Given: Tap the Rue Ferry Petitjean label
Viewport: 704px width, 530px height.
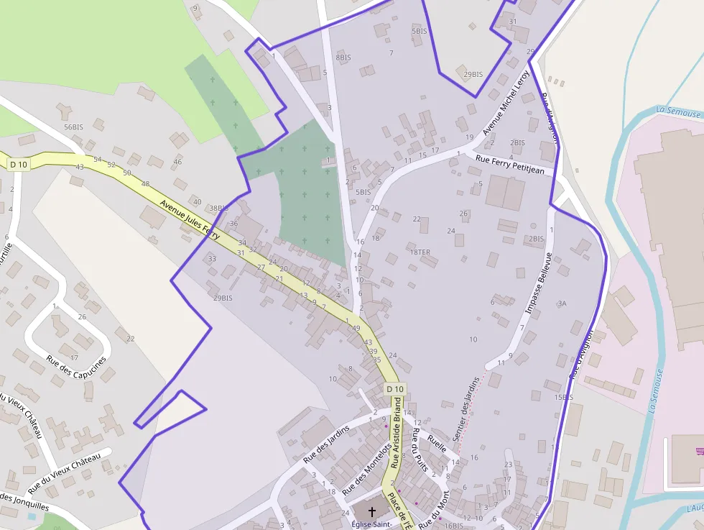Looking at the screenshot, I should [x=514, y=165].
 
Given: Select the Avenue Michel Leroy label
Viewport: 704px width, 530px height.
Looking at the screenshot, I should [x=506, y=103].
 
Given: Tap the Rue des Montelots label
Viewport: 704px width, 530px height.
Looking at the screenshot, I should [x=367, y=468].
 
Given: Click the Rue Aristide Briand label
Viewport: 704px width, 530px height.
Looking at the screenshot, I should [x=395, y=431].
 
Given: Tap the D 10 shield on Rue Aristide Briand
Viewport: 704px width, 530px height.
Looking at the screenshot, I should [x=395, y=389].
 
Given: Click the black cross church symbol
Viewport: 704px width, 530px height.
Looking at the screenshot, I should [x=372, y=511].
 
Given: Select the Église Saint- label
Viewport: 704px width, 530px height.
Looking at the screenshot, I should [x=372, y=524].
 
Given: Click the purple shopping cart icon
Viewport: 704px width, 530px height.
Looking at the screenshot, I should [x=700, y=451].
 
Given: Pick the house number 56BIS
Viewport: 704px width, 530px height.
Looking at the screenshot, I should [x=73, y=127].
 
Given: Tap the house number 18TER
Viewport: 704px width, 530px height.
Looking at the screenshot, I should [x=420, y=252].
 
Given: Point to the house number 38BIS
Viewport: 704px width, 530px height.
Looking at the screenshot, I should [x=218, y=209].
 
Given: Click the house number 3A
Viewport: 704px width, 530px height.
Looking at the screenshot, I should [x=562, y=303].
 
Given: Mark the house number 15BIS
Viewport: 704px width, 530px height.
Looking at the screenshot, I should [x=563, y=397].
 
